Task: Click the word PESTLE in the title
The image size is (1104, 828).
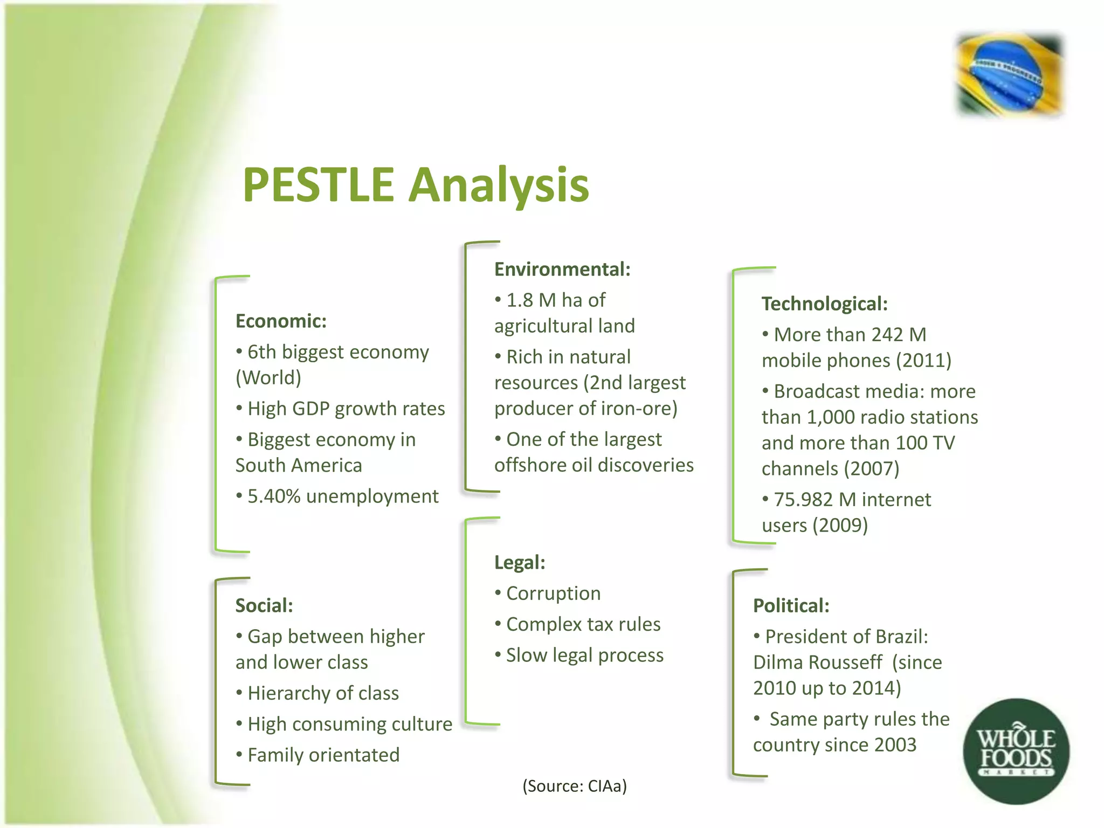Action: point(318,185)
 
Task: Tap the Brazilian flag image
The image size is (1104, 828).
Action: point(1009,74)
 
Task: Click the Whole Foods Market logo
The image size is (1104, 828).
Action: point(1016,751)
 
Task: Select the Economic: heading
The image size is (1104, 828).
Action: point(281,321)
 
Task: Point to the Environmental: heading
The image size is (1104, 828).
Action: point(562,269)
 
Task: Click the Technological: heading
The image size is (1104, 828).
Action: point(824,304)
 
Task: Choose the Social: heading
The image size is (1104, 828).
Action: point(264,606)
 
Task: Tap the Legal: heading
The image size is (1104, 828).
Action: point(520,563)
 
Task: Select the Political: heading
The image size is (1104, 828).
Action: point(791,606)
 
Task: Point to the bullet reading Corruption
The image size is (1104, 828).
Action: point(553,594)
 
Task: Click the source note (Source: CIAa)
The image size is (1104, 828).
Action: point(575,786)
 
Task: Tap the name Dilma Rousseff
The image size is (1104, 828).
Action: point(817,663)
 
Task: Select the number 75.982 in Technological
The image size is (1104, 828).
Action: point(803,500)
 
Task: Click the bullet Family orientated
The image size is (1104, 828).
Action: point(323,755)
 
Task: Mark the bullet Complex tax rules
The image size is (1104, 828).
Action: point(583,624)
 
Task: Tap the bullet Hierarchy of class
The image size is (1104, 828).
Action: point(323,693)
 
